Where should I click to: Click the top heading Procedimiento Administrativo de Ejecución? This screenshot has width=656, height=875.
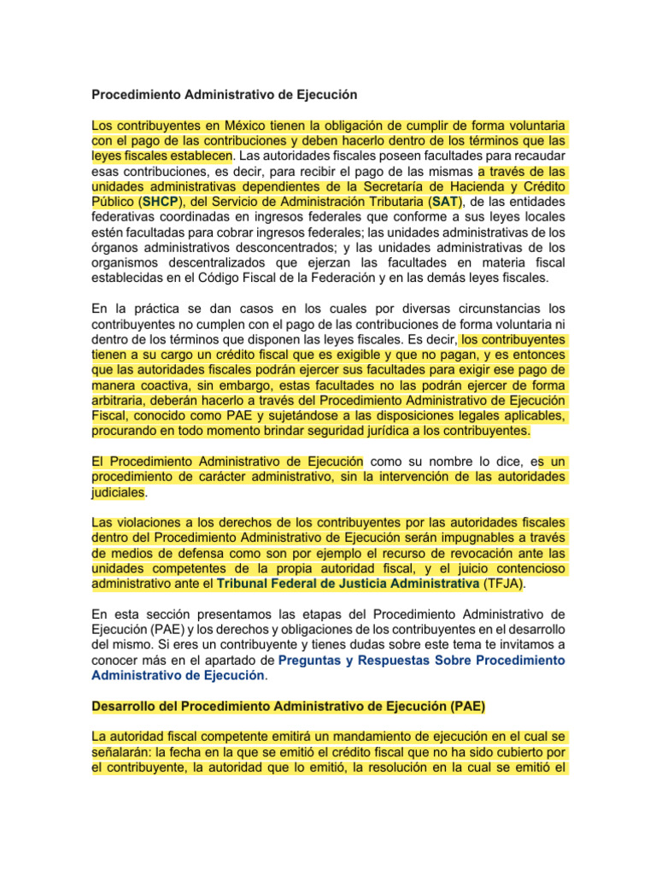pyautogui.click(x=223, y=93)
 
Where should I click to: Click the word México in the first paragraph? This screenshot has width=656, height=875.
pyautogui.click(x=239, y=126)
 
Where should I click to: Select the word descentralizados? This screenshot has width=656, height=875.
pyautogui.click(x=220, y=264)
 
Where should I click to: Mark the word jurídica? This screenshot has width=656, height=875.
pyautogui.click(x=410, y=430)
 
